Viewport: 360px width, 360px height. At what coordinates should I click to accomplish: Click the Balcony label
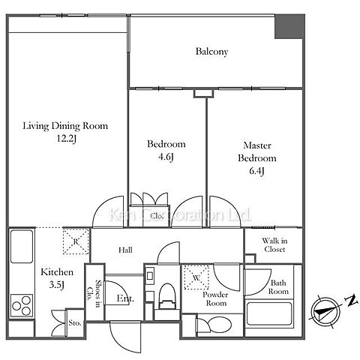click(x=211, y=52)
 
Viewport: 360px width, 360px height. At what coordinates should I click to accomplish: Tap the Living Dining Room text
click(x=65, y=126)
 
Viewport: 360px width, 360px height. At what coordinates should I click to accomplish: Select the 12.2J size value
click(x=66, y=139)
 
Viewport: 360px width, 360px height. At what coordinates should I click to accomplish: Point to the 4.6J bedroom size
click(x=166, y=157)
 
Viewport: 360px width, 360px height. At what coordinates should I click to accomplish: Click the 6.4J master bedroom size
click(x=256, y=171)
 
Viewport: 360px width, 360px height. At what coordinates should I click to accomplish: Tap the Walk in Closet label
click(x=274, y=245)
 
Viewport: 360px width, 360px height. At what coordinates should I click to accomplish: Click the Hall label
click(x=125, y=250)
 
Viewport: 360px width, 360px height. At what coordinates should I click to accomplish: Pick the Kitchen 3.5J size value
click(x=57, y=285)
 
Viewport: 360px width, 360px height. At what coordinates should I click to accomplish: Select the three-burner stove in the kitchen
click(x=22, y=305)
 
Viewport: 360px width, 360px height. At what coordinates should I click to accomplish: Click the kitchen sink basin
click(x=22, y=247)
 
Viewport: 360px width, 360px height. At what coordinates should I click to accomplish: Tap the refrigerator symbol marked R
click(x=76, y=241)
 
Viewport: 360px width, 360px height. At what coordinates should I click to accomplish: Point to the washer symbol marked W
click(x=196, y=277)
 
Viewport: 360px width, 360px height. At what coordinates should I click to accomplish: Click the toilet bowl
click(x=167, y=295)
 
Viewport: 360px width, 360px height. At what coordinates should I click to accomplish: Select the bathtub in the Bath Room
click(x=269, y=313)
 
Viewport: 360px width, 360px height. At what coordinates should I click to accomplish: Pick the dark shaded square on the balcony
click(x=289, y=27)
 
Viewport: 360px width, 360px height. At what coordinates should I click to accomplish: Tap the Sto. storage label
click(x=75, y=323)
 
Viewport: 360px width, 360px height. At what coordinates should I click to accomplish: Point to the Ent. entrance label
click(x=125, y=298)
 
